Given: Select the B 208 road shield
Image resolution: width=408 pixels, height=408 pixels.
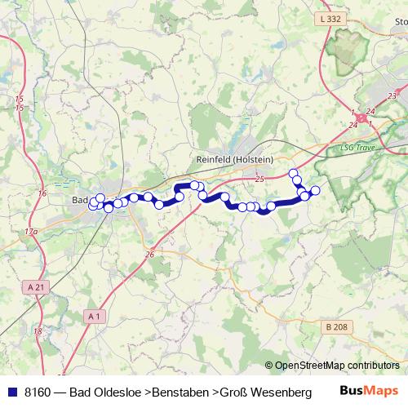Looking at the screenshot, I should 335,326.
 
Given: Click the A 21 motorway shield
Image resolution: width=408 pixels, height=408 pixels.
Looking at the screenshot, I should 34,286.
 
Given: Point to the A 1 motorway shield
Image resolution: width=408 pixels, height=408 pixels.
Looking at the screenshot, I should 95,315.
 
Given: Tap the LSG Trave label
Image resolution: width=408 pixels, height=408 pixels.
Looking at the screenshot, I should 355,148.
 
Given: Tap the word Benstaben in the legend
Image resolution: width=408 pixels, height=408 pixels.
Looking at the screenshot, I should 180,392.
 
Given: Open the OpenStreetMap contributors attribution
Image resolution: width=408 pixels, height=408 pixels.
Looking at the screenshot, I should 337,366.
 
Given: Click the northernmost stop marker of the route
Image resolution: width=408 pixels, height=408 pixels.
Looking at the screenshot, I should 294,173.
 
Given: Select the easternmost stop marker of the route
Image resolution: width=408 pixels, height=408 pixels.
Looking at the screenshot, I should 316,191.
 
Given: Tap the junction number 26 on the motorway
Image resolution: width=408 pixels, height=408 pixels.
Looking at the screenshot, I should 149,255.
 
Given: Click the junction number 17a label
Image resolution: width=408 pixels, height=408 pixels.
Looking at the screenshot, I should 30,232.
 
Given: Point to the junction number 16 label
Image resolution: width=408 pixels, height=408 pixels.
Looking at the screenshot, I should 42,193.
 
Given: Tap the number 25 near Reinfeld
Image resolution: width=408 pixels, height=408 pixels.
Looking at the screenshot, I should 259,178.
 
